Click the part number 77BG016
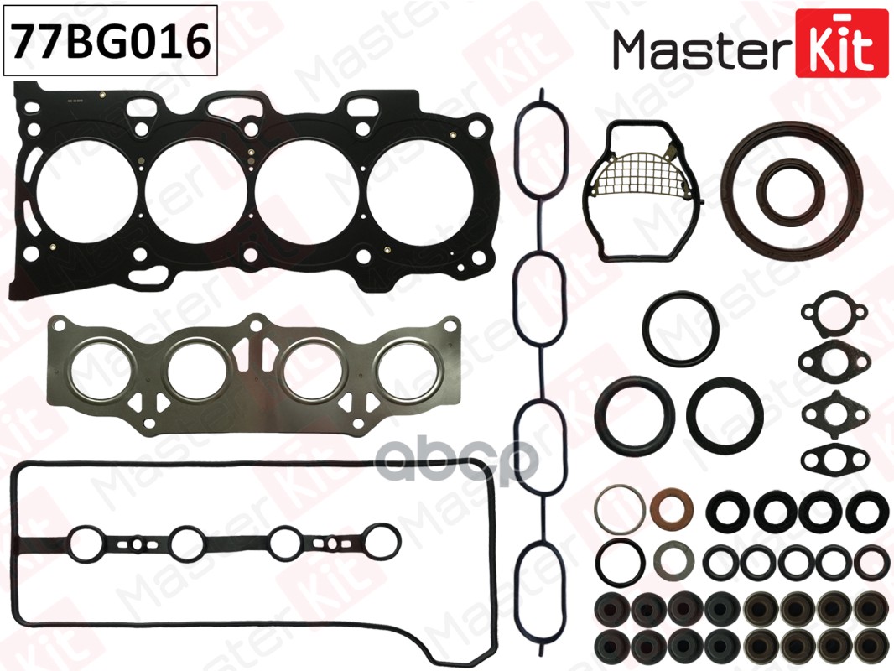[x=111, y=41]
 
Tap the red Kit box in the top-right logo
[x=834, y=44]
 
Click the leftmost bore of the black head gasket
[x=86, y=190]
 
